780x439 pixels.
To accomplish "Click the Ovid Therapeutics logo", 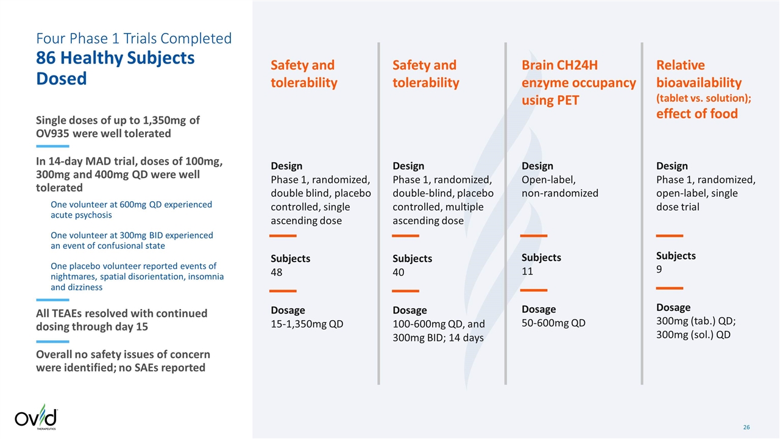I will tap(36, 418).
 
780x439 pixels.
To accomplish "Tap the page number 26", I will tap(746, 427).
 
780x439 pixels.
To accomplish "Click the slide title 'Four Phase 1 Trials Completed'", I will tap(134, 38).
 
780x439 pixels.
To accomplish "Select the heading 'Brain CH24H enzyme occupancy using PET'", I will tap(578, 82).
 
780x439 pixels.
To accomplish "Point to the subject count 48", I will tap(277, 272).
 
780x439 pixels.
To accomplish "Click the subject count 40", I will tap(399, 272).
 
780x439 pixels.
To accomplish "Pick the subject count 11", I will tap(528, 271).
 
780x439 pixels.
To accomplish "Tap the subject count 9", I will tap(659, 269).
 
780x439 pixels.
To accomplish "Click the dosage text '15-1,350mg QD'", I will tap(307, 324).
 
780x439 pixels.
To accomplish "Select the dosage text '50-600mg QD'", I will tap(553, 323).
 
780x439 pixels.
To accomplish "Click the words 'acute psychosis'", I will tap(81, 215).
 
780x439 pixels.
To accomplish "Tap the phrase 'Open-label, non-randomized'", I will tap(559, 187).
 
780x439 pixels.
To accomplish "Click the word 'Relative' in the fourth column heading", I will tap(680, 65).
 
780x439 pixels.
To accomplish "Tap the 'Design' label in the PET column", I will tap(537, 166).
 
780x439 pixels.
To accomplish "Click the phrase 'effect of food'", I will tap(697, 113).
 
